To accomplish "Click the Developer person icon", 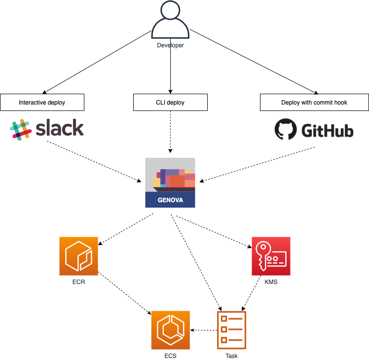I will coord(170,21).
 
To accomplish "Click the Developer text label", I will coord(170,45).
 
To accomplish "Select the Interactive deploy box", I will coord(42,103).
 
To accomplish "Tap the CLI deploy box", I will coord(170,103).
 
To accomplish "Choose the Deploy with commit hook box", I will coord(314,103).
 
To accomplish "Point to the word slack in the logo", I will coord(60,129).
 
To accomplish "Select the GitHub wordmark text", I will coord(327,131).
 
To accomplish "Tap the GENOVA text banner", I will coord(170,200).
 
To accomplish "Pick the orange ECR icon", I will coord(79,256).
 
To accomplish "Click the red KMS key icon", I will coord(271,256).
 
